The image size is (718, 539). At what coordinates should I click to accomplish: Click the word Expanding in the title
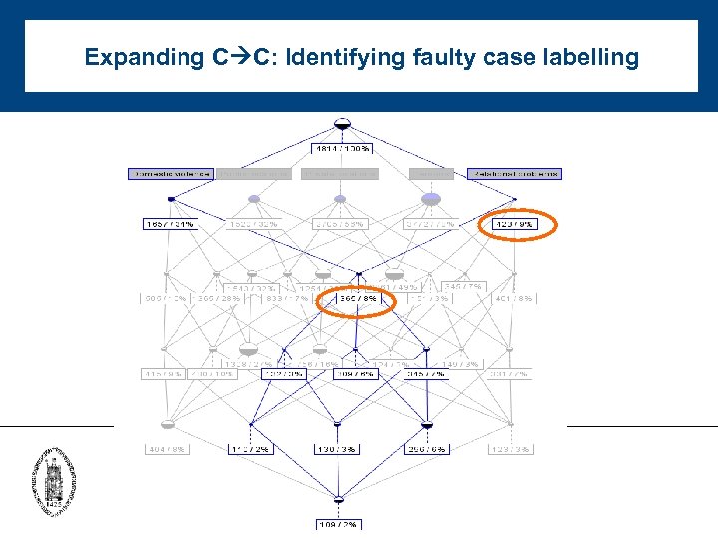(x=145, y=57)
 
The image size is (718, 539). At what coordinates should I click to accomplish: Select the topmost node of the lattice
(x=342, y=124)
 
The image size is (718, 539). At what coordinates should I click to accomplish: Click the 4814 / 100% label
(x=342, y=149)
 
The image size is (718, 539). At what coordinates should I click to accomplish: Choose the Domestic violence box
(x=170, y=174)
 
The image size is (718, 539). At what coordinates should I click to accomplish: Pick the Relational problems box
(x=514, y=174)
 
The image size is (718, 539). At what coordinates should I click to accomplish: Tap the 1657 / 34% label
(x=170, y=225)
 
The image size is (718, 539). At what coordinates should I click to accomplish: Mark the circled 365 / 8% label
(x=355, y=298)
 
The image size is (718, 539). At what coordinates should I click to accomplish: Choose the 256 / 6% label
(x=426, y=450)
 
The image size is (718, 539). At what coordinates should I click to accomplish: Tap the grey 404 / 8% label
(x=167, y=450)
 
